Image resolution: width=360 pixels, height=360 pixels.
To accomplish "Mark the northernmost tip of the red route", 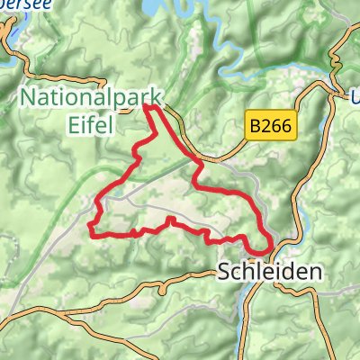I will click(149, 106).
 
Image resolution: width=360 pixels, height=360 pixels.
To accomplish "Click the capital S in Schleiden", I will click(225, 270).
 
